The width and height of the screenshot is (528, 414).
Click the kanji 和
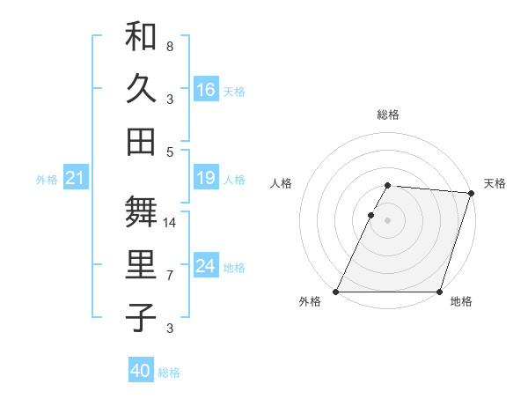(141, 37)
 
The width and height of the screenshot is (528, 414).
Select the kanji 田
(141, 141)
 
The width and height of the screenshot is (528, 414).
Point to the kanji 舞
(141, 212)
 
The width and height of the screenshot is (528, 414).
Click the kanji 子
(141, 318)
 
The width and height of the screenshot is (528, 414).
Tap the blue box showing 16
(206, 89)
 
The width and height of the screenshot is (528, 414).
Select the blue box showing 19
(206, 179)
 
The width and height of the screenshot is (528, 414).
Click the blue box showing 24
(206, 267)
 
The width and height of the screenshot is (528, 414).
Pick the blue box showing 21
(75, 179)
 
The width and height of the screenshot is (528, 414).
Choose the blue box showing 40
(141, 371)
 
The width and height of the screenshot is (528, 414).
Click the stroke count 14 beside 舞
(170, 223)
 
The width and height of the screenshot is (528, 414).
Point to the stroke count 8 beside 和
(170, 45)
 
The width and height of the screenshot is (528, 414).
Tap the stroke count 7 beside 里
(170, 276)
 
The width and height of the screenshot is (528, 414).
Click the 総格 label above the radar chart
(388, 115)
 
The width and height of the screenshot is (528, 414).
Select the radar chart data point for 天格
(472, 193)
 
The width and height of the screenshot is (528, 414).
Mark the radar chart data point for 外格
(336, 292)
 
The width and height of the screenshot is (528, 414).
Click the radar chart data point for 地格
(439, 292)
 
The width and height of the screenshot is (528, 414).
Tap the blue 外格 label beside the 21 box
(47, 180)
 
